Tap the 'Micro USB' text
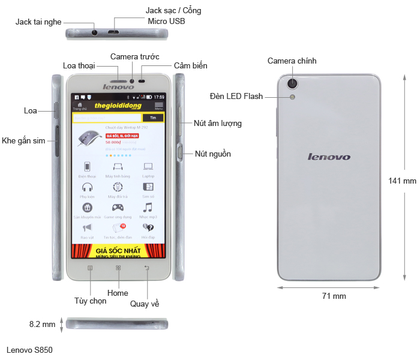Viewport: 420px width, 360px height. [x=167, y=21]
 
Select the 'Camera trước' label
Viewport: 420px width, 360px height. [x=134, y=56]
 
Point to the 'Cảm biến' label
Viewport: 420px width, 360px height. [x=191, y=65]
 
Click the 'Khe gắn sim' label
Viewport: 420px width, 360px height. [x=23, y=140]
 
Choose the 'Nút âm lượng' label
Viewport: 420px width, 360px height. [x=218, y=124]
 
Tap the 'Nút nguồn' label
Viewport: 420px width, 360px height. [x=213, y=154]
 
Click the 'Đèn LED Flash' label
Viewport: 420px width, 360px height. [x=236, y=96]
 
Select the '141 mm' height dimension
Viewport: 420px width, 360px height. [x=402, y=181]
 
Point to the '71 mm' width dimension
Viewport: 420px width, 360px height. [x=334, y=296]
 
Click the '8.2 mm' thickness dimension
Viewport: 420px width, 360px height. [x=42, y=324]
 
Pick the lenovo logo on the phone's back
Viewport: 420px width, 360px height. [x=329, y=157]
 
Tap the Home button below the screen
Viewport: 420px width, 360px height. [x=118, y=268]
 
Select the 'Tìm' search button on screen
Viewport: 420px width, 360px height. [x=153, y=118]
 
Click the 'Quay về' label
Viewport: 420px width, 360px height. [x=145, y=304]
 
